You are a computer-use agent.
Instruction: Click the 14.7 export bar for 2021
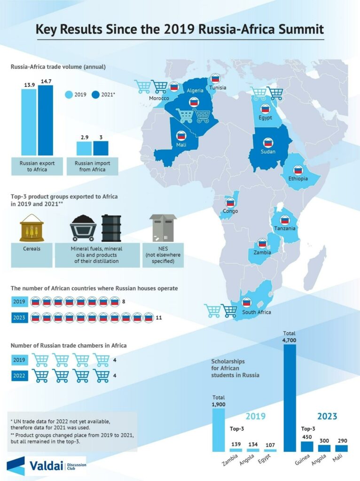[46, 120]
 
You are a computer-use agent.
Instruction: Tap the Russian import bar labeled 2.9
[84, 148]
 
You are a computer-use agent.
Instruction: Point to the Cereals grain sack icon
[32, 228]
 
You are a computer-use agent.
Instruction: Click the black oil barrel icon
[111, 228]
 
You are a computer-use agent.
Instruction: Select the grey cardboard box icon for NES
[162, 228]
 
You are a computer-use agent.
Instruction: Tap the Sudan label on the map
[267, 152]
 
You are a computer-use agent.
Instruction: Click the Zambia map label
[262, 252]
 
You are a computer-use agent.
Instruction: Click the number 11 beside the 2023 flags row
[159, 318]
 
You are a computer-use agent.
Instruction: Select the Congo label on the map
[230, 211]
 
